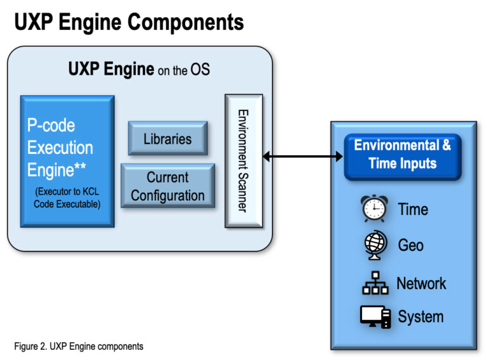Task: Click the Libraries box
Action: coord(167,138)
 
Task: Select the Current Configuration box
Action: coord(167,186)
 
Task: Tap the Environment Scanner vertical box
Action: coord(243,161)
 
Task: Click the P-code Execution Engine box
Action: coord(67,161)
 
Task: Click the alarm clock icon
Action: coord(374,209)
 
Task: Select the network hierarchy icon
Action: coord(375,283)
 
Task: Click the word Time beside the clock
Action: coord(413,210)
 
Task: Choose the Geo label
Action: coord(410,245)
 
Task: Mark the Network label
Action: coord(421,283)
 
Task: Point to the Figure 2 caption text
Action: coord(79,346)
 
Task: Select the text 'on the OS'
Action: coord(184,70)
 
